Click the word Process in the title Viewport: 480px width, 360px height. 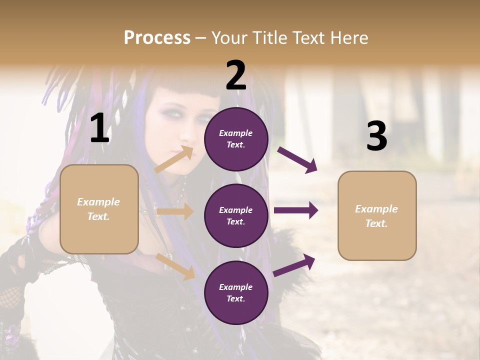pos(157,37)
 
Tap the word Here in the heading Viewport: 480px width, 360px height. pos(348,37)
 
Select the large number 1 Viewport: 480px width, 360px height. pos(99,128)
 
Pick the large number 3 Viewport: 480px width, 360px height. pos(376,136)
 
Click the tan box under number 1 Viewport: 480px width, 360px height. pos(99,209)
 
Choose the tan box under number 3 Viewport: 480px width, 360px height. pos(377,215)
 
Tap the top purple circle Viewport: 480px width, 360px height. pos(236,139)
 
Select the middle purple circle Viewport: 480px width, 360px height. pos(236,215)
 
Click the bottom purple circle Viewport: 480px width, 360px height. pos(236,292)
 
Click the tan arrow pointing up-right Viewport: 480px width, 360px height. pos(174,159)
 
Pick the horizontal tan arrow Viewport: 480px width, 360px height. pos(174,211)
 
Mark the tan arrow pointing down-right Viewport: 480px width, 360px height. pos(175,266)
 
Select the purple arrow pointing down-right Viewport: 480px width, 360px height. pos(297,160)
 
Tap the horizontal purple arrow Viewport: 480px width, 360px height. pos(295,210)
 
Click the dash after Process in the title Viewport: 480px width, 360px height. pos(200,38)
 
